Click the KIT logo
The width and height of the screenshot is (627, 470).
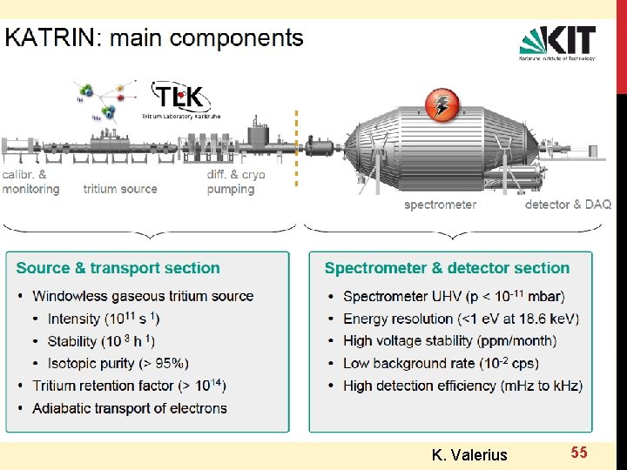coord(557,43)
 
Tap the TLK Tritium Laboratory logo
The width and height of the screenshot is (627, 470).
coord(179,99)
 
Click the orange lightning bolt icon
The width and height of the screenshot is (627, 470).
coord(441,105)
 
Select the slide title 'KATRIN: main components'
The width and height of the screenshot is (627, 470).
coord(155,38)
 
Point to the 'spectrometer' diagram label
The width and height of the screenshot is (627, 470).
coord(440,205)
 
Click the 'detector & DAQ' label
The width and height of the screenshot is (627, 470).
coord(568,205)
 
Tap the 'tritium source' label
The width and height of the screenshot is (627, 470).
coord(120,189)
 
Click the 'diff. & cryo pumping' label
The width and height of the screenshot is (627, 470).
coord(235,182)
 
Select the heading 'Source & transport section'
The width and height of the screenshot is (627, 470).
coord(118,268)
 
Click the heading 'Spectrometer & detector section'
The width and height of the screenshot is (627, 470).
coord(447,268)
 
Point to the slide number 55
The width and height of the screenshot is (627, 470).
coord(579,452)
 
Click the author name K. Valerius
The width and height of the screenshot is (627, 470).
coord(469,454)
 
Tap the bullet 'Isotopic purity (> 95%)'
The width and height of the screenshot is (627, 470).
coord(118,364)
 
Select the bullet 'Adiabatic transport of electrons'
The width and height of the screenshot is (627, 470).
coord(129,408)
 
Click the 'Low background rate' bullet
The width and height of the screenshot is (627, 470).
coord(440,364)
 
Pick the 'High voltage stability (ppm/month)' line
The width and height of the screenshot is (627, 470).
coord(448,341)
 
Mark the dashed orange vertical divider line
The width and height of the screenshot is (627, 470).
coord(297,148)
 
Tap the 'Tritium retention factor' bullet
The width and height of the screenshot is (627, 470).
coord(129,386)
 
